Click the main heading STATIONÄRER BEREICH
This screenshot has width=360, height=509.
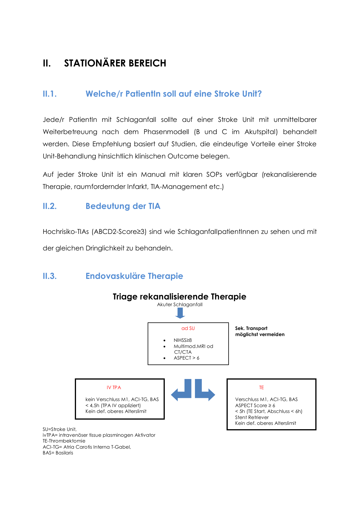pyautogui.click(x=115, y=63)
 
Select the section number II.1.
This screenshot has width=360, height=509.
pyautogui.click(x=50, y=94)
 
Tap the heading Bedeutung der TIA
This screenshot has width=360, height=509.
pyautogui.click(x=123, y=206)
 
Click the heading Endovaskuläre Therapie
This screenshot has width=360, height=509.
pyautogui.click(x=134, y=276)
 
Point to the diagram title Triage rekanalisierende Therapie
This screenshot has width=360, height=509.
pyautogui.click(x=179, y=297)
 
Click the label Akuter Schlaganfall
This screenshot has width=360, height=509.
pyautogui.click(x=180, y=305)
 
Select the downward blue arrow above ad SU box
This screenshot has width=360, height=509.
pyautogui.click(x=180, y=313)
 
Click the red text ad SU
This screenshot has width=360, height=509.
pyautogui.click(x=188, y=328)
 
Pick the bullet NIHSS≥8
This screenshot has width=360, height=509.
pyautogui.click(x=182, y=340)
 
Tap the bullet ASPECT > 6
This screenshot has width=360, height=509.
pyautogui.click(x=186, y=358)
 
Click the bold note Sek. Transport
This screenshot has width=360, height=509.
pyautogui.click(x=251, y=328)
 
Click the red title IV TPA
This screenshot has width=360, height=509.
pyautogui.click(x=114, y=388)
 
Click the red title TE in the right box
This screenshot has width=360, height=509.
pyautogui.click(x=261, y=388)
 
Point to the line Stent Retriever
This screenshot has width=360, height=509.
pyautogui.click(x=252, y=417)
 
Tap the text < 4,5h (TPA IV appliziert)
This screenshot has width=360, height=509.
pyautogui.click(x=113, y=405)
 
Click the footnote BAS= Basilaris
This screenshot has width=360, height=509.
pyautogui.click(x=58, y=453)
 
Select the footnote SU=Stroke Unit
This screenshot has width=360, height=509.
pyautogui.click(x=59, y=429)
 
